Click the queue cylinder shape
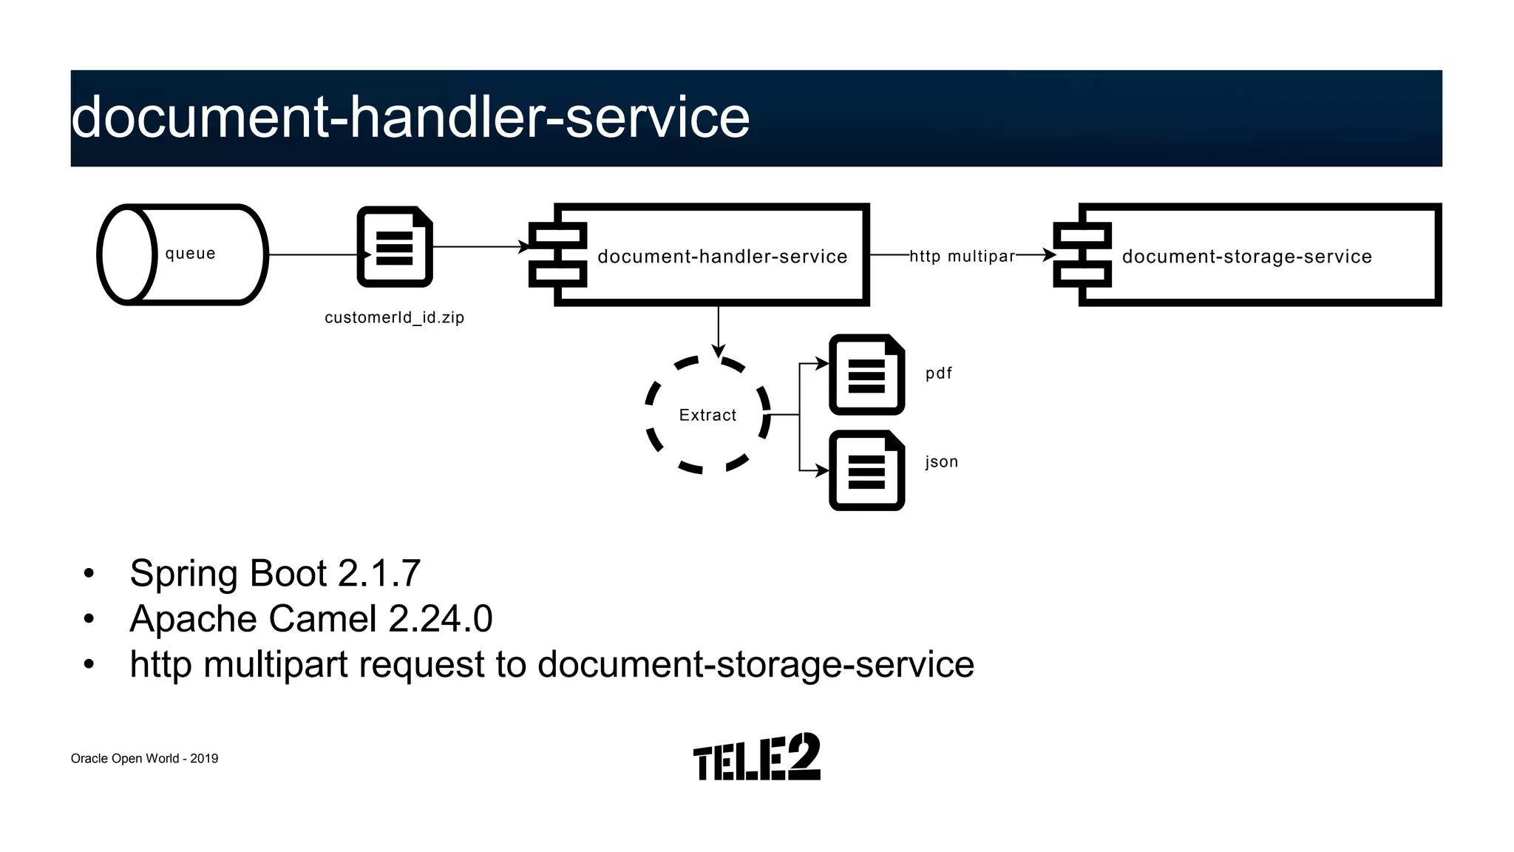click(182, 254)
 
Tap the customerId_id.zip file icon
click(395, 247)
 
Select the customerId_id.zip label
click(394, 318)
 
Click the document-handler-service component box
click(710, 255)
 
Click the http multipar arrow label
click(962, 257)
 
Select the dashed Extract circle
click(707, 415)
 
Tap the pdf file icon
click(866, 374)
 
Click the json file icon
click(866, 470)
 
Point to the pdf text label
click(938, 373)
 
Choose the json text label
click(941, 462)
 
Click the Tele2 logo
click(756, 757)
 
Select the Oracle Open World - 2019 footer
click(144, 759)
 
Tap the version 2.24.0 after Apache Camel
click(440, 619)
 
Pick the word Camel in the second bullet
click(322, 619)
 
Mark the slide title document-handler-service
click(410, 118)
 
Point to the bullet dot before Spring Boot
click(89, 574)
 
